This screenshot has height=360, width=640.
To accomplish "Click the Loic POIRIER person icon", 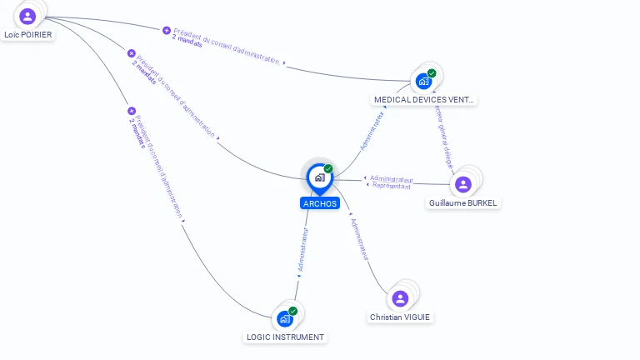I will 27,16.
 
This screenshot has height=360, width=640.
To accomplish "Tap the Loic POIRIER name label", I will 27,35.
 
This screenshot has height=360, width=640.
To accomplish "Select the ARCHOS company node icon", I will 319,177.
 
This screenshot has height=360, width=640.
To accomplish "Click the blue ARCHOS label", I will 320,203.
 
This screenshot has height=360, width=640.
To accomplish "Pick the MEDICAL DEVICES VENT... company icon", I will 423,81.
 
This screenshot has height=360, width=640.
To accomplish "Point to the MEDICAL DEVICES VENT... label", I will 424,100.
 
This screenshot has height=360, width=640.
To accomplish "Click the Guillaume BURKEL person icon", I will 463,184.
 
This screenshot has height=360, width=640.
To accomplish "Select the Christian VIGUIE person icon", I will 400,298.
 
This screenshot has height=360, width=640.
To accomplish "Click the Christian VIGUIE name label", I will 401,317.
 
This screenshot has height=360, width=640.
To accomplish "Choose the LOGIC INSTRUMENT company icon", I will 285,318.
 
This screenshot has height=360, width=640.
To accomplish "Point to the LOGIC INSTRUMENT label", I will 285,337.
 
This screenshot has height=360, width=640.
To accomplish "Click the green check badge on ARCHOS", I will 328,169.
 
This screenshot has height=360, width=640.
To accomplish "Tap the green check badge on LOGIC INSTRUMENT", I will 292,311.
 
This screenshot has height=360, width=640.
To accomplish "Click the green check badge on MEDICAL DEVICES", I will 432,73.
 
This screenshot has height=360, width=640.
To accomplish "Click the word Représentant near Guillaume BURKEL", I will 392,187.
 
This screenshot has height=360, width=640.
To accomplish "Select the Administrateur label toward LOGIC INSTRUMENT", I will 303,251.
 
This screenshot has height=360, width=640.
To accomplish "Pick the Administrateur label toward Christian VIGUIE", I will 360,240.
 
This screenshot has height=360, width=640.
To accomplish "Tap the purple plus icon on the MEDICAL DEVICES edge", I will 167,30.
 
